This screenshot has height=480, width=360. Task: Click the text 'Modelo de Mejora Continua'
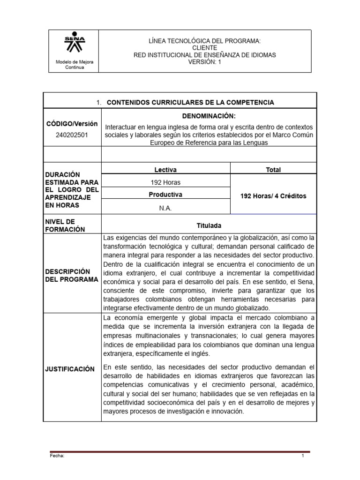pos(75,65)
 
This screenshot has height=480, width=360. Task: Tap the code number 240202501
pos(72,135)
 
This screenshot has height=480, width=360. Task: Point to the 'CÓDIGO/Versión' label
pos(72,124)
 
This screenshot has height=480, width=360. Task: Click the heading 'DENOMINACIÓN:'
pos(209,116)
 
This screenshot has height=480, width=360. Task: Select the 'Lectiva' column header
pos(165,170)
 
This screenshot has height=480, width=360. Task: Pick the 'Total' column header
pos(273,170)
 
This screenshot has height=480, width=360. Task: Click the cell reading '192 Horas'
pos(165,182)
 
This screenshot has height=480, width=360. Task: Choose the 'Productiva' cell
pos(165,195)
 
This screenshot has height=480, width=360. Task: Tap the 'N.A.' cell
pos(165,208)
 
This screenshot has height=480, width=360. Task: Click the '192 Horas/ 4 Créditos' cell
pos(273,196)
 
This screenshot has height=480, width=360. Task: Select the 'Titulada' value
pos(209,225)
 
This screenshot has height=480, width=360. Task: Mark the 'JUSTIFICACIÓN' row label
pos(70,369)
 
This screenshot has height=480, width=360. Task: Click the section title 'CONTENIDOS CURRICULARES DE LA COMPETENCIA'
pos(190,102)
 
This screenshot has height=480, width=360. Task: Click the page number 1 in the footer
pos(303,455)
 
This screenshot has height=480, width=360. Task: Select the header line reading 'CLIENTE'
pos(204,48)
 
